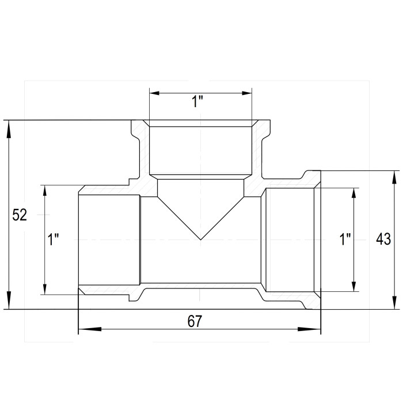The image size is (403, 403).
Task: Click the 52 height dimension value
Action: coord(20,215)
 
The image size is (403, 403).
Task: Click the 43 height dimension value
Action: coord(383,239)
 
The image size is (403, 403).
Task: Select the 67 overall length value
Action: coord(195,321)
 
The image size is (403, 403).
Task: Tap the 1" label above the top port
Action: coord(197,101)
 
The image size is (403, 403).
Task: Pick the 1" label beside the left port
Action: coord(54,239)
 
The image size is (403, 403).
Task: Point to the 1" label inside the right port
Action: coord(345,239)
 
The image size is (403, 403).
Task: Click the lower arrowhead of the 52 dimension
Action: coord(9,300)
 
